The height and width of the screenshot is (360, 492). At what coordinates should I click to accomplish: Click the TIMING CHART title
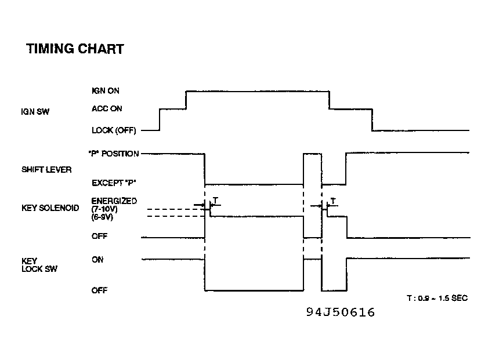pyautogui.click(x=75, y=49)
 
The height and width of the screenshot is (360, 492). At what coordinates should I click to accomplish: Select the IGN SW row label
pyautogui.click(x=35, y=112)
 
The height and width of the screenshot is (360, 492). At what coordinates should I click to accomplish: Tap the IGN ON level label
pyautogui.click(x=106, y=90)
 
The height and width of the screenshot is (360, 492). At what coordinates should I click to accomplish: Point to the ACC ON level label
pyautogui.click(x=107, y=108)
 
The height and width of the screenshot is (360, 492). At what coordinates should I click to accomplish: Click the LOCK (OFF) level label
pyautogui.click(x=114, y=130)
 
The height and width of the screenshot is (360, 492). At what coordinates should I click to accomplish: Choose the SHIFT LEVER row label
pyautogui.click(x=46, y=170)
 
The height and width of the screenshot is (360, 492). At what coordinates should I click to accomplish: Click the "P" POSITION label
pyautogui.click(x=114, y=154)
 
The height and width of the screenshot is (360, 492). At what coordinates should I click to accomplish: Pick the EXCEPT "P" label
pyautogui.click(x=114, y=183)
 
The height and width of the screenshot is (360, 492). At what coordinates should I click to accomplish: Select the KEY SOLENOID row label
pyautogui.click(x=50, y=208)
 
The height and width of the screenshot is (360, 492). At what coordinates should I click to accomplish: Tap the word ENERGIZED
pyautogui.click(x=114, y=201)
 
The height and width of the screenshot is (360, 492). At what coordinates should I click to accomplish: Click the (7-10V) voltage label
pyautogui.click(x=104, y=209)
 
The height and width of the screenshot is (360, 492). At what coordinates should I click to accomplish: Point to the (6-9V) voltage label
pyautogui.click(x=102, y=217)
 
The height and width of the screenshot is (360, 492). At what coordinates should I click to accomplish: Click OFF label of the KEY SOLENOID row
pyautogui.click(x=99, y=236)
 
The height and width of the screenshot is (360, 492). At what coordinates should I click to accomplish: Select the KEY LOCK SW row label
pyautogui.click(x=39, y=265)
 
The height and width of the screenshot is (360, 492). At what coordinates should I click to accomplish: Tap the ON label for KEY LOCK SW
pyautogui.click(x=97, y=260)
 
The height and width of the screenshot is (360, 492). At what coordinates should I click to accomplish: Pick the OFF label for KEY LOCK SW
pyautogui.click(x=99, y=290)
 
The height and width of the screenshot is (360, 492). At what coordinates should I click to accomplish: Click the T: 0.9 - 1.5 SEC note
pyautogui.click(x=437, y=298)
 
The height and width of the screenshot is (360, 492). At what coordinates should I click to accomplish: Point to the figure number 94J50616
pyautogui.click(x=341, y=312)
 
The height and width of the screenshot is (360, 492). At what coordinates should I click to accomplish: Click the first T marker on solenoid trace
pyautogui.click(x=215, y=201)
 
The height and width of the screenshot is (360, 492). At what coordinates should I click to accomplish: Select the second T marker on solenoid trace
pyautogui.click(x=333, y=201)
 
